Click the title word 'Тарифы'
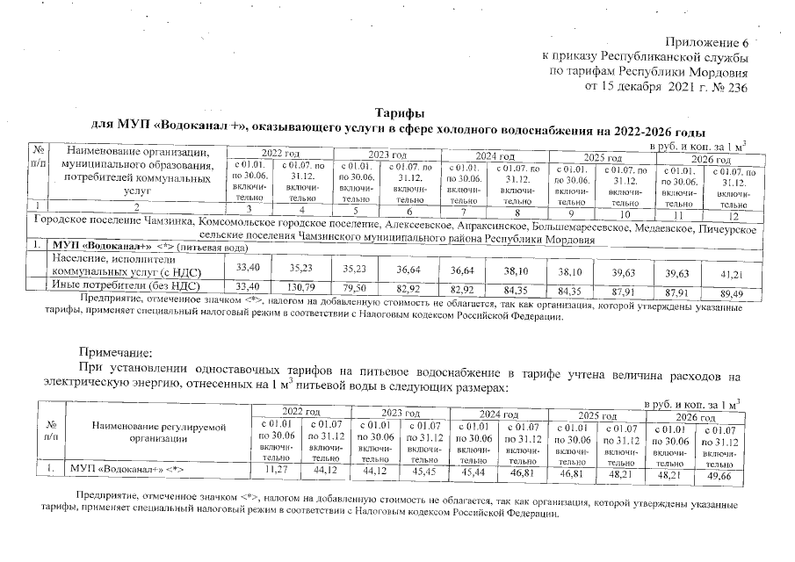400,114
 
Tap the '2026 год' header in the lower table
692,416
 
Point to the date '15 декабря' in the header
640,88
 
